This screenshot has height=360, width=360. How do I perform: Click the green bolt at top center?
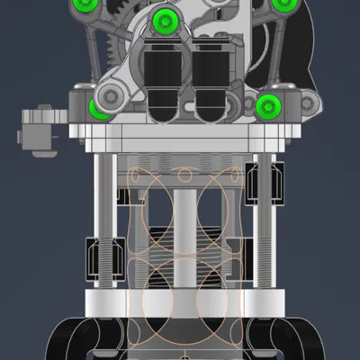[x=164, y=21]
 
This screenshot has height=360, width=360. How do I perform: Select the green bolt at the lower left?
[x=99, y=109]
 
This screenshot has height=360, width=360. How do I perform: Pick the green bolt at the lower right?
[x=268, y=107]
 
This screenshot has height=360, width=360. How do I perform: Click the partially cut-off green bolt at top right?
[x=283, y=4]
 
